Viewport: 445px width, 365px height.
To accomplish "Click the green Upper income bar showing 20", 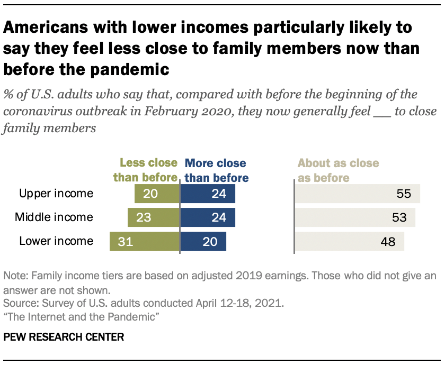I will [157, 194].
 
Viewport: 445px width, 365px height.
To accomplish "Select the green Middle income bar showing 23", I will [154, 217].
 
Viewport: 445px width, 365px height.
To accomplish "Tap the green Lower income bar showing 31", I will [145, 242].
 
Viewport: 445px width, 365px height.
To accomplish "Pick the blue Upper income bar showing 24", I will [208, 194].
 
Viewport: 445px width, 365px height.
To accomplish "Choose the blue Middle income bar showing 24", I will [208, 217].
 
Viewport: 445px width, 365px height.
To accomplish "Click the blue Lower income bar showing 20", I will [203, 242].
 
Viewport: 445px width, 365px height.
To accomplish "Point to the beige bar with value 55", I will [358, 194].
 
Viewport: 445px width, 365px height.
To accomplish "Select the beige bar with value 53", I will [355, 217].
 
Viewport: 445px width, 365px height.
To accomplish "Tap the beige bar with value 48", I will [350, 242].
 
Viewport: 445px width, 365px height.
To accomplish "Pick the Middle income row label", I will [54, 217].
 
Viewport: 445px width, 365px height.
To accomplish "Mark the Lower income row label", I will [56, 242].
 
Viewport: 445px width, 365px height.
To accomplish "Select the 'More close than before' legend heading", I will [215, 170].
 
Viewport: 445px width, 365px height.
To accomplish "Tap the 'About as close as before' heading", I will [339, 170].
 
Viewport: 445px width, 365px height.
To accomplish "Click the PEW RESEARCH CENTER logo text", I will [64, 337].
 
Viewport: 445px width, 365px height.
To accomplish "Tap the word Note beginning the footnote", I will [14, 276].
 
